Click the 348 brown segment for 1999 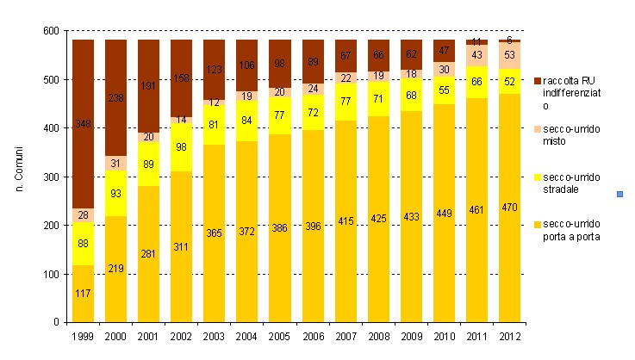pyautogui.click(x=83, y=123)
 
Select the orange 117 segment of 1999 pyautogui.click(x=83, y=294)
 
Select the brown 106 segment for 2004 pyautogui.click(x=246, y=65)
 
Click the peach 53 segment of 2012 pyautogui.click(x=510, y=55)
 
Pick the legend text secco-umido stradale pyautogui.click(x=564, y=182)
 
